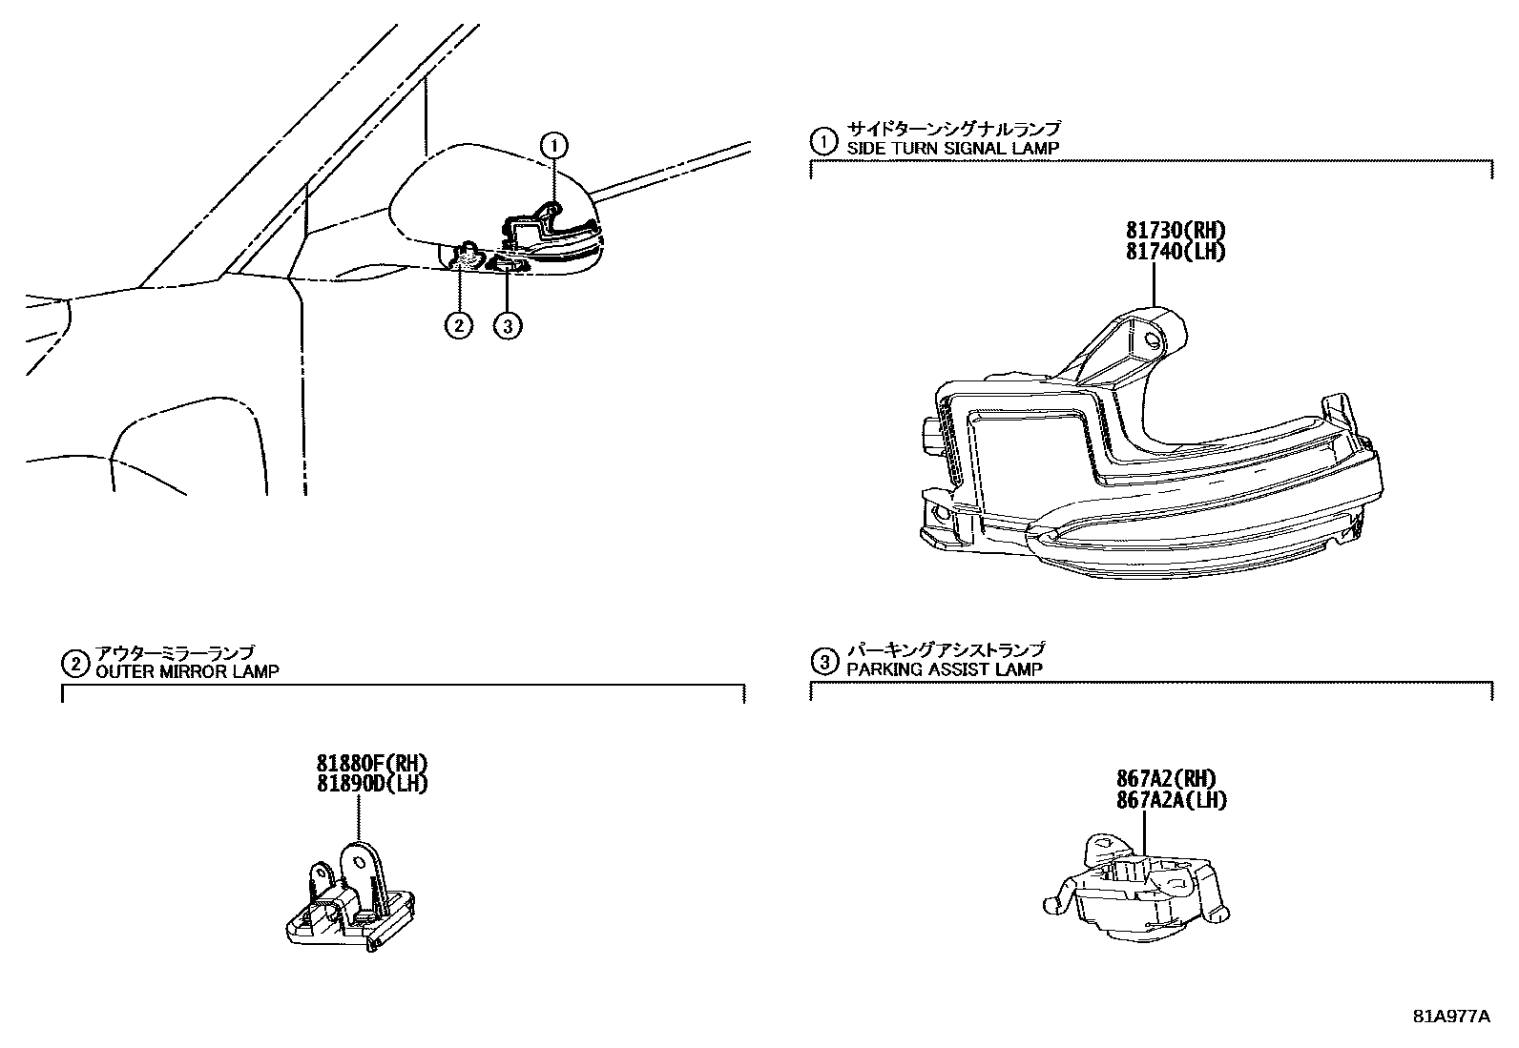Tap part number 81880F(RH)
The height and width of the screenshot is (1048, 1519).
pos(372,763)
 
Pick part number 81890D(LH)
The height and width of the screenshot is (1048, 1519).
pos(372,784)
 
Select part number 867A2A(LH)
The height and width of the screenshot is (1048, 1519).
pos(1171,800)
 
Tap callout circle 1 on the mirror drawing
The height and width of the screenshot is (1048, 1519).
pos(554,145)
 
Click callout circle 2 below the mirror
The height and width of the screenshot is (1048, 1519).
pos(458,325)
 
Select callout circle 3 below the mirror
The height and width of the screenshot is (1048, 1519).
pos(508,325)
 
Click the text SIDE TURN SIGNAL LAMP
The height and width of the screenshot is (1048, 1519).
pos(952,148)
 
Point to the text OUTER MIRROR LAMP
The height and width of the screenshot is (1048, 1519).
pos(187,671)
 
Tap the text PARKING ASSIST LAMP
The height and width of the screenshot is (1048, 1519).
pos(945,669)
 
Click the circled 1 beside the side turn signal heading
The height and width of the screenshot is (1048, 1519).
pos(822,141)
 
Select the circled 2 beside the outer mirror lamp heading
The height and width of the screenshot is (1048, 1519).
pos(73,663)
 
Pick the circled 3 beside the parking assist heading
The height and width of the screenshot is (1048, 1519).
pos(822,661)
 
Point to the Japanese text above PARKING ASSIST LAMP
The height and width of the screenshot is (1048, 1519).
pos(945,650)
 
